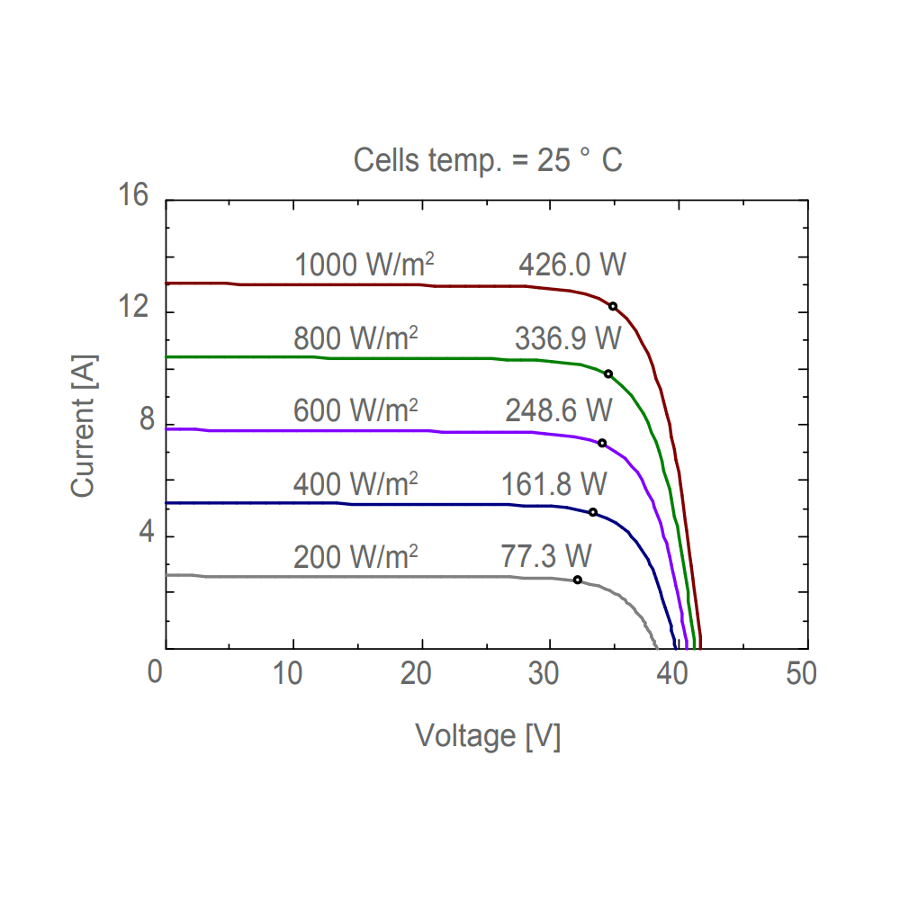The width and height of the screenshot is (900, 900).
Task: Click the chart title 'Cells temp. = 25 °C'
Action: pyautogui.click(x=488, y=161)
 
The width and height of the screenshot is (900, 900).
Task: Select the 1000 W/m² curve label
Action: pyautogui.click(x=364, y=265)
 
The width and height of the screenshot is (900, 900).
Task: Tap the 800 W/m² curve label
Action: pyautogui.click(x=355, y=338)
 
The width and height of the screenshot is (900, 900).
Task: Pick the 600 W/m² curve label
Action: pyautogui.click(x=355, y=410)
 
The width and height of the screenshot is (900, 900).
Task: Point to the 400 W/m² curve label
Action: pyautogui.click(x=355, y=484)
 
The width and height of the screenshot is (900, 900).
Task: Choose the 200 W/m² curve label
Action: pyautogui.click(x=355, y=557)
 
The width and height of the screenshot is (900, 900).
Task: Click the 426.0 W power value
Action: pyautogui.click(x=572, y=265)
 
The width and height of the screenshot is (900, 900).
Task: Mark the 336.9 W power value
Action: pyautogui.click(x=568, y=338)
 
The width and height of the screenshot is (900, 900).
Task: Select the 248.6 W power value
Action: pyautogui.click(x=559, y=410)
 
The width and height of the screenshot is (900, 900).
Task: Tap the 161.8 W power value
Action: pyautogui.click(x=554, y=484)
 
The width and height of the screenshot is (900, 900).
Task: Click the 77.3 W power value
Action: pyautogui.click(x=546, y=557)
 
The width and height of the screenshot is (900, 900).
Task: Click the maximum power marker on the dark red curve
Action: pyautogui.click(x=613, y=306)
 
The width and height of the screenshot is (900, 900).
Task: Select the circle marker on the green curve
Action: pyautogui.click(x=608, y=373)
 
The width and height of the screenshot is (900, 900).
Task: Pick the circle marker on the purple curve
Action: pyautogui.click(x=602, y=443)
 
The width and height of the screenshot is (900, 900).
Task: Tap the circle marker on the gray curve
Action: pyautogui.click(x=578, y=580)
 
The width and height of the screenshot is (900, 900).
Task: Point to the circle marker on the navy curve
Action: pyautogui.click(x=593, y=512)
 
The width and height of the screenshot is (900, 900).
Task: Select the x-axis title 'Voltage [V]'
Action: pyautogui.click(x=488, y=736)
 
